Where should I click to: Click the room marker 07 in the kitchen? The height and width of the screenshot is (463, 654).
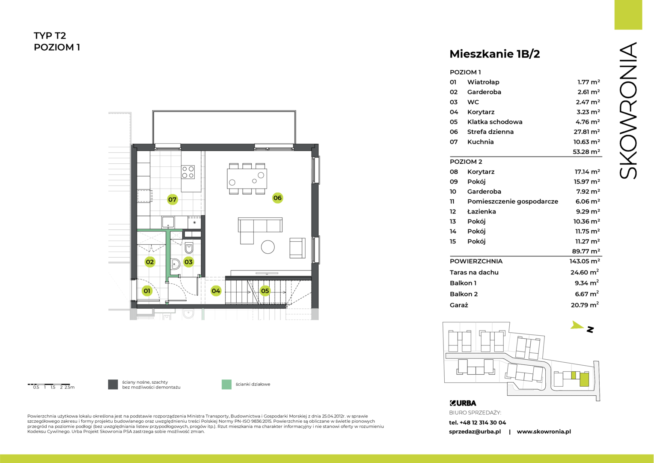click(x=172, y=199)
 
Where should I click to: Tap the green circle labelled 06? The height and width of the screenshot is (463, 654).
click(x=277, y=198)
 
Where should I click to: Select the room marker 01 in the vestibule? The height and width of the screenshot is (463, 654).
click(x=147, y=291)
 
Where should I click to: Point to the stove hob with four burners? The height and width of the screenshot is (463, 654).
click(x=188, y=172)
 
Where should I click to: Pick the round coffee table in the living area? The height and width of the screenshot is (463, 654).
click(x=268, y=247)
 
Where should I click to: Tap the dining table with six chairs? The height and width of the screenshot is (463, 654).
click(x=247, y=179)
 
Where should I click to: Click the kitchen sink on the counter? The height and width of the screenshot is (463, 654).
click(x=168, y=222)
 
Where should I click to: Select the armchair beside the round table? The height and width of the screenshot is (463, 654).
click(x=297, y=248)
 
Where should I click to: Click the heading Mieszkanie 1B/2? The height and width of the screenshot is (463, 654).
click(x=495, y=54)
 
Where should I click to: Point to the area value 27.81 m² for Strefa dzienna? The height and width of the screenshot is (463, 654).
click(x=586, y=132)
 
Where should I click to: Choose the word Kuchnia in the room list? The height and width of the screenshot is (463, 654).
click(x=480, y=142)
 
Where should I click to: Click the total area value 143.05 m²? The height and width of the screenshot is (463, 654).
click(x=585, y=261)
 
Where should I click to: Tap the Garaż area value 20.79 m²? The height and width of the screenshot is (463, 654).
click(x=585, y=305)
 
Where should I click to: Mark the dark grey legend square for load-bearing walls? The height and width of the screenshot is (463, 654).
click(x=113, y=384)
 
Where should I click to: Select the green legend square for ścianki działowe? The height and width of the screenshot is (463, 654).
click(x=226, y=384)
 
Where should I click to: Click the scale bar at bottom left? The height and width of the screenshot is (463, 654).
click(x=49, y=384)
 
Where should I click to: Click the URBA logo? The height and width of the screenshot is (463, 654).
click(x=463, y=403)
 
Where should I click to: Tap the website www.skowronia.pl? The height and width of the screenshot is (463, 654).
click(x=544, y=431)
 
